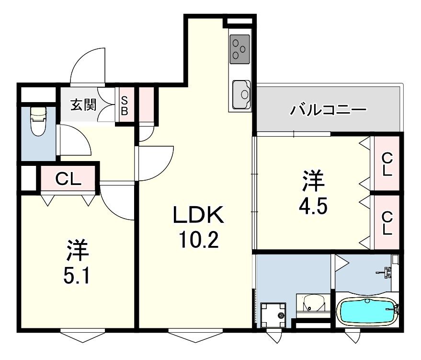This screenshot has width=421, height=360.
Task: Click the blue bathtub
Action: (x=367, y=311)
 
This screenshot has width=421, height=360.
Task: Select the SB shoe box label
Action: (x=124, y=105)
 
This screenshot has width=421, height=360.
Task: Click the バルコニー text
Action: (x=329, y=111)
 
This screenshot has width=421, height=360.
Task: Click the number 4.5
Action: (x=314, y=207)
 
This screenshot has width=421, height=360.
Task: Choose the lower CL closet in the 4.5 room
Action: (x=387, y=223)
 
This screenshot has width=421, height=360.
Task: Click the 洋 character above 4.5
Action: (x=314, y=181)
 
